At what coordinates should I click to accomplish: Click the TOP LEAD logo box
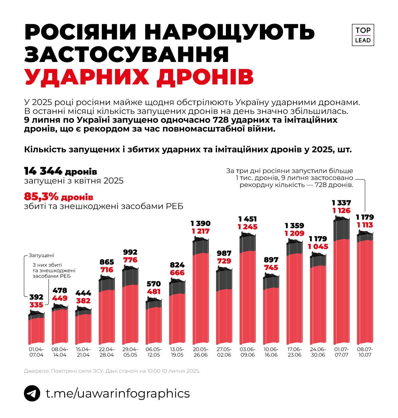(363, 35)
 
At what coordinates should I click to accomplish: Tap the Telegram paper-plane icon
(32, 393)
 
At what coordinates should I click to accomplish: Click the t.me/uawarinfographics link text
(118, 393)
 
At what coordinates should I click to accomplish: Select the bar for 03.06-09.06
(248, 291)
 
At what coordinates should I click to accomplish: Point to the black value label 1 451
(248, 219)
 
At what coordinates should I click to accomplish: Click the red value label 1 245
(248, 227)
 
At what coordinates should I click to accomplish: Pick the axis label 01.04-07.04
(36, 352)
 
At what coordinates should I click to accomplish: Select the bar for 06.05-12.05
(154, 320)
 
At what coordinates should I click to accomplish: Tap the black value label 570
(154, 284)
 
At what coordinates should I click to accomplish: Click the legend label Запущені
(41, 255)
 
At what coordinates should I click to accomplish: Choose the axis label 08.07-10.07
(365, 352)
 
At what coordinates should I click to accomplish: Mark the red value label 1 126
(342, 211)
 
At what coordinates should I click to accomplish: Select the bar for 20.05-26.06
(200, 291)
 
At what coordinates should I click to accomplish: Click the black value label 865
(107, 262)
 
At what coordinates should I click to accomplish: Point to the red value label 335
(36, 305)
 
